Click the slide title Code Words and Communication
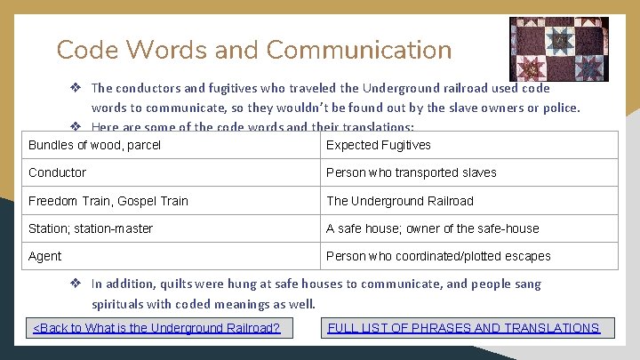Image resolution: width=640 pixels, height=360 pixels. click(253, 50)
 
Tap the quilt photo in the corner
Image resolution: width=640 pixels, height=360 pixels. click(558, 48)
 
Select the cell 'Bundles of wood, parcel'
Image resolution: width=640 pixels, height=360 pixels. click(94, 145)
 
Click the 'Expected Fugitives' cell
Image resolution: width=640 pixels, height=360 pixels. click(379, 145)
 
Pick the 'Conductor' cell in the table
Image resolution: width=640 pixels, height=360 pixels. click(58, 172)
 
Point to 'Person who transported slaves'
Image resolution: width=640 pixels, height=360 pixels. click(411, 172)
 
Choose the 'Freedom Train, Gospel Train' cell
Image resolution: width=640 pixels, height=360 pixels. click(108, 201)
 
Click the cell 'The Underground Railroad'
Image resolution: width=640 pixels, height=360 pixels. click(400, 201)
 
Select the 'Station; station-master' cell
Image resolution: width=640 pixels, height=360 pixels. click(91, 228)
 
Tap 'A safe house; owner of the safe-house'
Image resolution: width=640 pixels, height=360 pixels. click(432, 228)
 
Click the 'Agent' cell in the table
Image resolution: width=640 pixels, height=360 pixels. click(45, 256)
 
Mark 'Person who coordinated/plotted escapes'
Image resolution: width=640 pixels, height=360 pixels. click(438, 256)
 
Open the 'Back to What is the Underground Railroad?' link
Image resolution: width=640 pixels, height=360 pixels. click(156, 328)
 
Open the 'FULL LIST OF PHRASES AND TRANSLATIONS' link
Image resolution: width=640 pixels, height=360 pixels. click(463, 328)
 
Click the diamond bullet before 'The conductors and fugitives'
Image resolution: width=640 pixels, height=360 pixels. click(77, 88)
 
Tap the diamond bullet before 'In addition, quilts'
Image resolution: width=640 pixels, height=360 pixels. click(77, 284)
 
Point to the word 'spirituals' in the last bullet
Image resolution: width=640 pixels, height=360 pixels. click(120, 303)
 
